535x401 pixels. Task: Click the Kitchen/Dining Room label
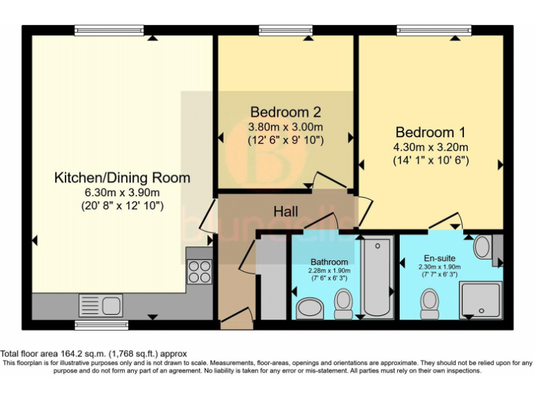(122, 178)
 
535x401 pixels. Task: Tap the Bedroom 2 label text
(286, 112)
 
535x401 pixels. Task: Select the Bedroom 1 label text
(431, 132)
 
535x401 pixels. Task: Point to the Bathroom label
(330, 262)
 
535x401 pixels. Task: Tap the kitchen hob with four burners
(200, 270)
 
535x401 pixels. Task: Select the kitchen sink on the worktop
(101, 304)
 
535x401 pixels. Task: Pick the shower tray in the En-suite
(481, 300)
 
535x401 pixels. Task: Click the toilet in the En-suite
(429, 303)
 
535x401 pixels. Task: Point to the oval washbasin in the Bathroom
(310, 308)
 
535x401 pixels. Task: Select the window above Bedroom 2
(286, 30)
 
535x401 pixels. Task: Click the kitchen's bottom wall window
(102, 324)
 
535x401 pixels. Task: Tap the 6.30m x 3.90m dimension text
(122, 193)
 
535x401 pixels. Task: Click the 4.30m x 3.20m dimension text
(431, 147)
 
